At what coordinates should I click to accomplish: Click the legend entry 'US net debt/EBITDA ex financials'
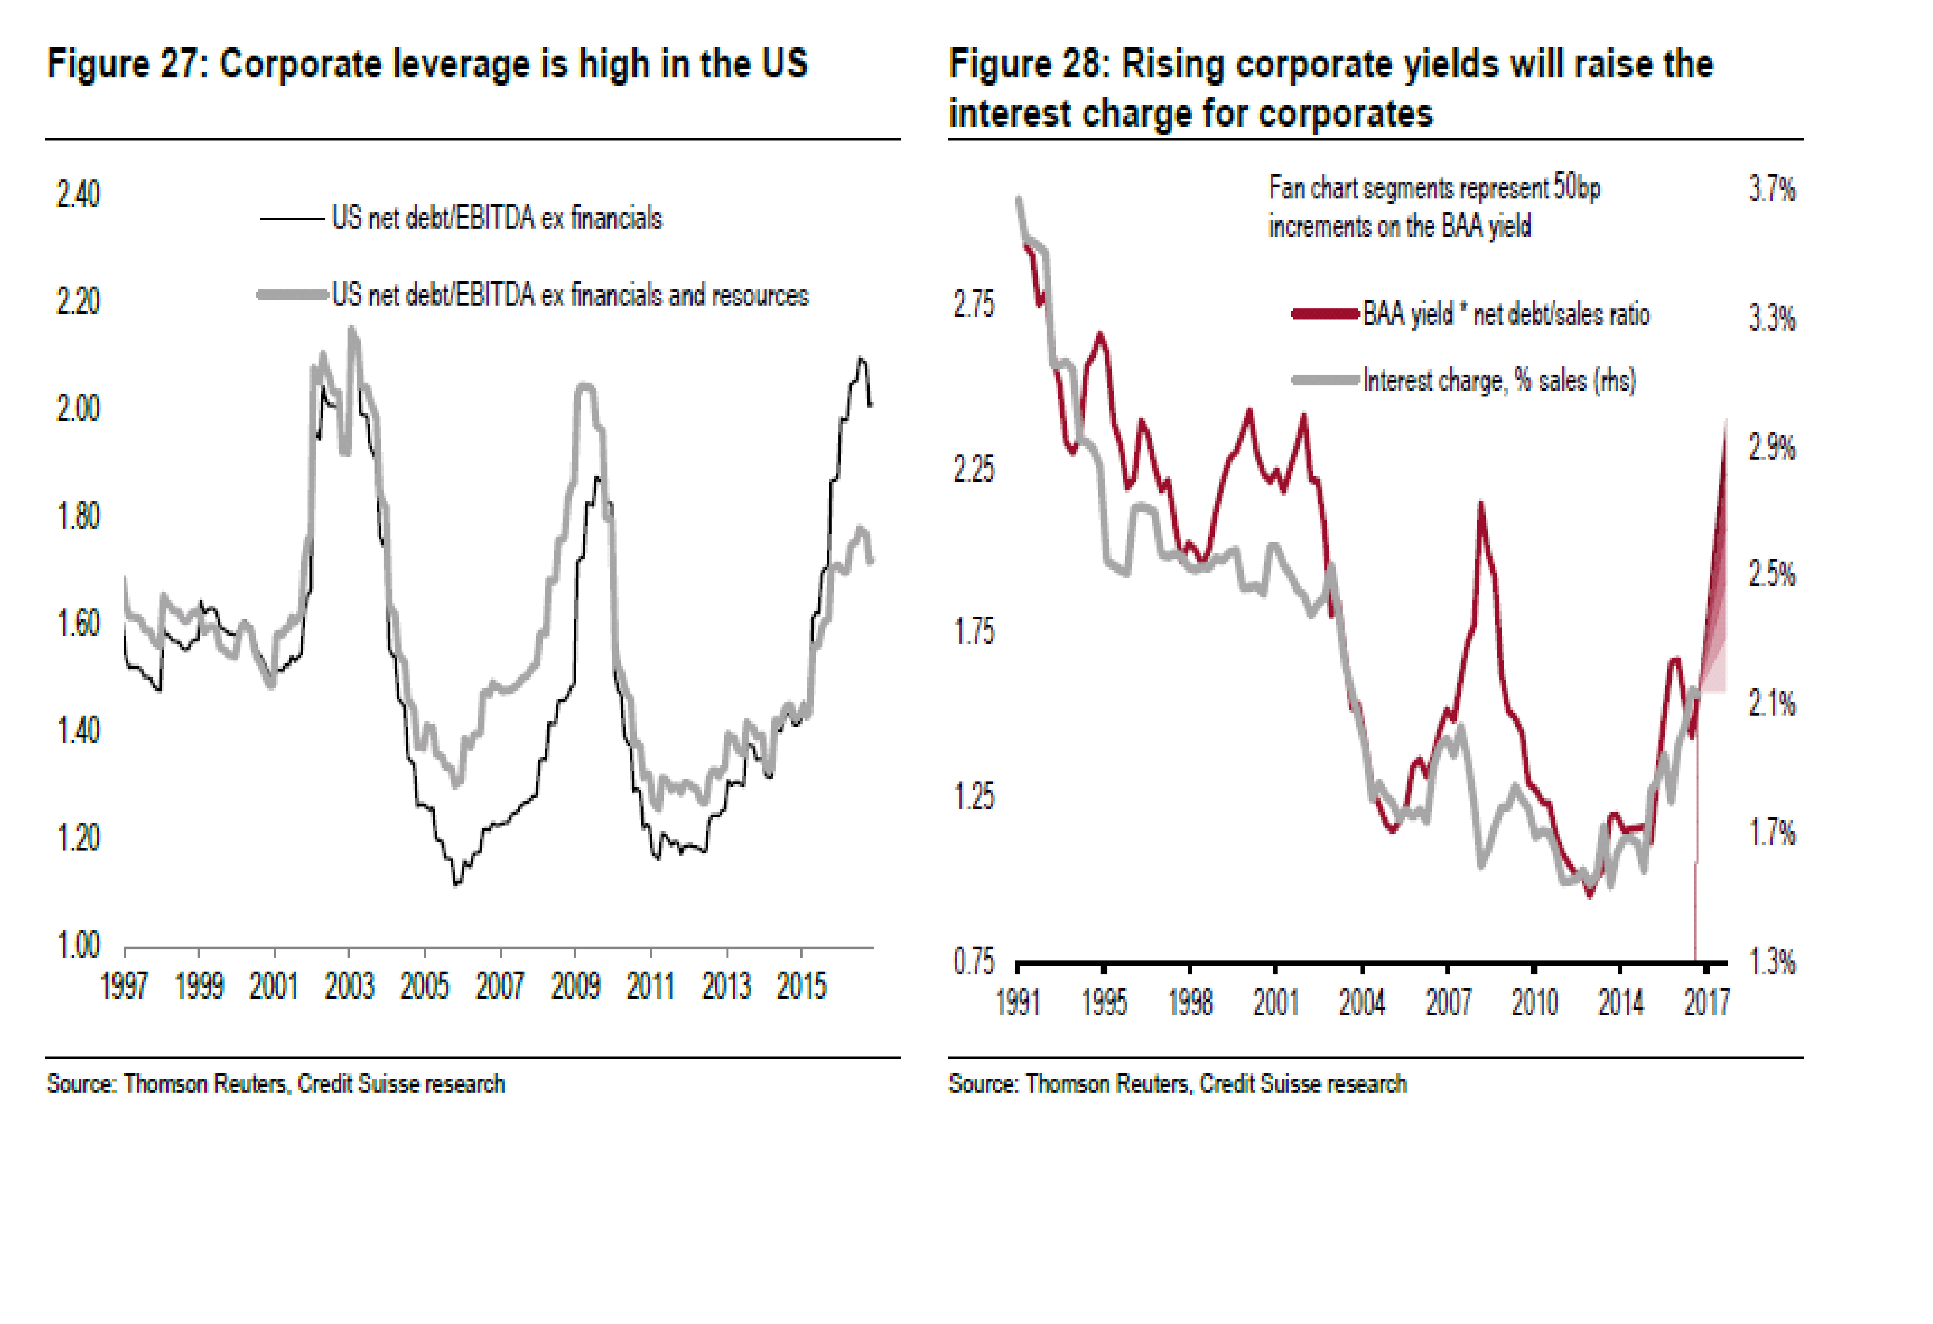[x=497, y=218]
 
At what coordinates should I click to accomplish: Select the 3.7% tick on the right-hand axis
[x=1772, y=190]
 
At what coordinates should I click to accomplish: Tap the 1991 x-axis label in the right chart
[x=1018, y=1002]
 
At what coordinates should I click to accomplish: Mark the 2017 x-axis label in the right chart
[x=1707, y=1002]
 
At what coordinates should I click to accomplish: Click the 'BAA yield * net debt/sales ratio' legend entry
[x=1505, y=315]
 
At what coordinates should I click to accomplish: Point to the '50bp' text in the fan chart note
[x=1576, y=188]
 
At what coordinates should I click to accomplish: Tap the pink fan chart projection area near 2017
[x=1714, y=616]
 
